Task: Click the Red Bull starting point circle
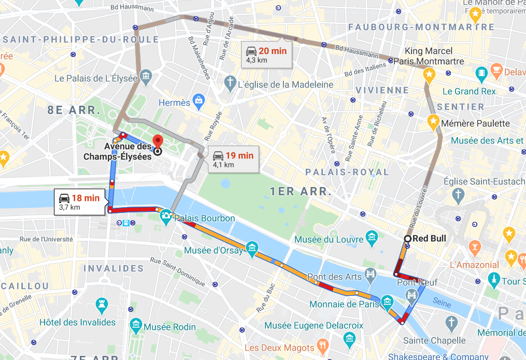tap(407, 238)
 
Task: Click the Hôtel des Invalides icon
tap(102, 304)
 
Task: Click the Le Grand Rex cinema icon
tap(482, 72)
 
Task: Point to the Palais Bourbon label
tap(205, 218)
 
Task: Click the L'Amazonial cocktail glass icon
tap(474, 246)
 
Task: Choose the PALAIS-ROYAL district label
tap(347, 172)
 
